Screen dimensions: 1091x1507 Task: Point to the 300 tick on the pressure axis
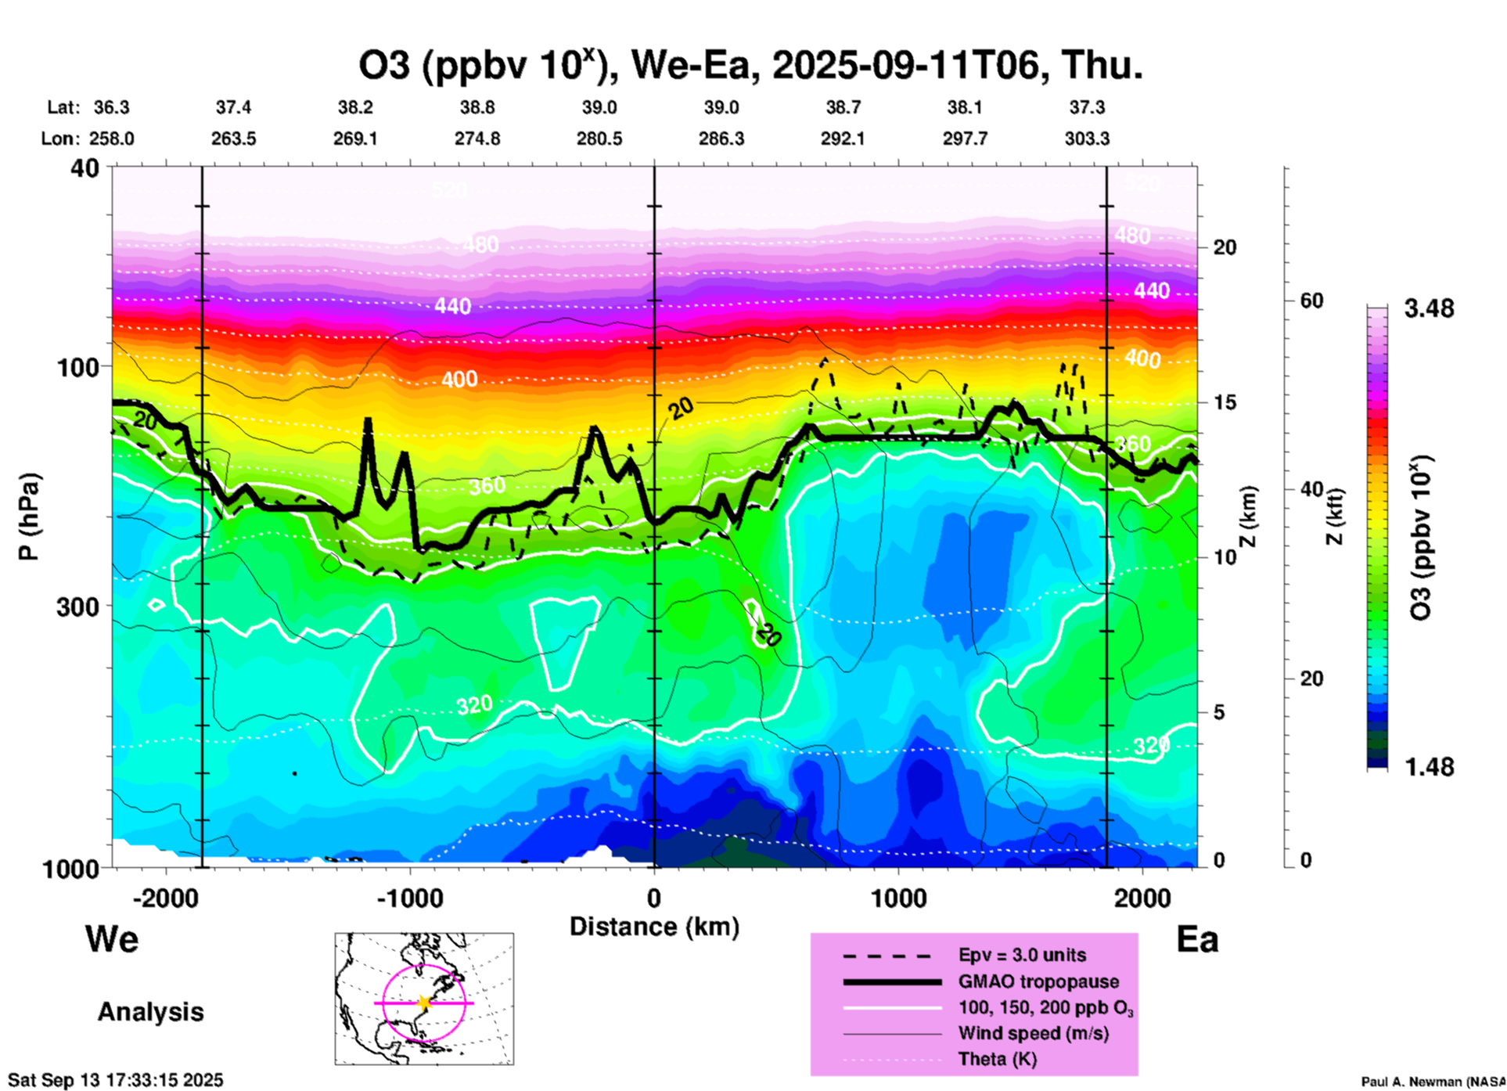point(77,607)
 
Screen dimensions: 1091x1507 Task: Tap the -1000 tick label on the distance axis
point(409,898)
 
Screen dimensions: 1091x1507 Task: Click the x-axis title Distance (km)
point(654,927)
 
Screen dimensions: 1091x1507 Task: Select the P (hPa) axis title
point(29,517)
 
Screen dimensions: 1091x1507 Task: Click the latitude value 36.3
point(111,107)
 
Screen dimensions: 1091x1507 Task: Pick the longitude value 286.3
point(721,139)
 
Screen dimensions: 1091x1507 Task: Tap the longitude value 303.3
point(1086,139)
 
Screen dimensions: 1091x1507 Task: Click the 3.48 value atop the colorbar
point(1429,308)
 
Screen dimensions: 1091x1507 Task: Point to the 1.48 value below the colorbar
point(1429,767)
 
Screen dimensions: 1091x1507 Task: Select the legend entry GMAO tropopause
point(1038,981)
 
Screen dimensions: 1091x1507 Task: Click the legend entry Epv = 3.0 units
point(1022,955)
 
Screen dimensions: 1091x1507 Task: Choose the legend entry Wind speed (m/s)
point(1033,1033)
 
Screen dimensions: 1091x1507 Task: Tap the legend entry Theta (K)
point(997,1059)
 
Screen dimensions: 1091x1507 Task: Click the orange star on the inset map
point(424,1003)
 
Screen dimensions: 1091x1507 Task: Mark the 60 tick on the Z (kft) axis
point(1311,301)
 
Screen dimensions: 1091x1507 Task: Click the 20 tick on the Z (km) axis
point(1225,247)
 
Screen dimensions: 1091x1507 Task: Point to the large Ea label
point(1197,939)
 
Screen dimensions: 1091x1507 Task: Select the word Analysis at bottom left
point(150,1012)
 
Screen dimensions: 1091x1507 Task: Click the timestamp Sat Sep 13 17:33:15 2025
point(116,1080)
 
